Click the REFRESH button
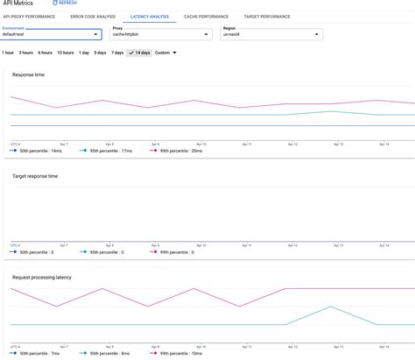(x=65, y=4)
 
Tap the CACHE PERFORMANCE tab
(x=206, y=17)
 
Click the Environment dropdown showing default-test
(x=51, y=34)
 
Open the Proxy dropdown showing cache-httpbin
(x=160, y=34)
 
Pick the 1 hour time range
(x=8, y=53)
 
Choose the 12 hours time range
(x=65, y=53)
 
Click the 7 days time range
(x=117, y=53)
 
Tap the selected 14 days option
(x=139, y=53)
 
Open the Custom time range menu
(x=165, y=53)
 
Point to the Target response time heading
(x=35, y=176)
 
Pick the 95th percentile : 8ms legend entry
(x=109, y=353)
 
